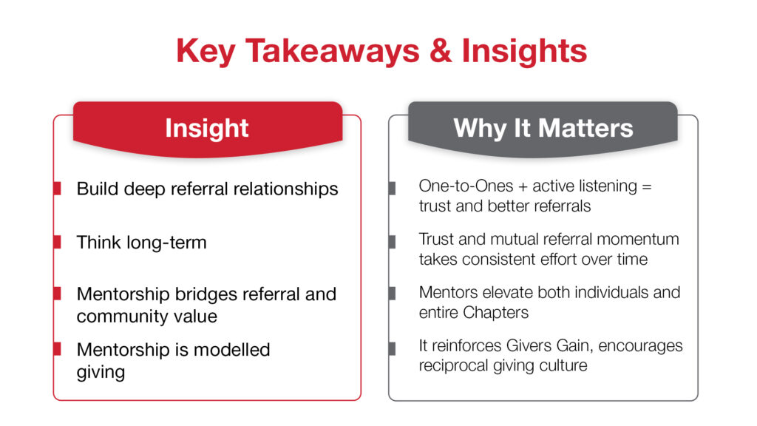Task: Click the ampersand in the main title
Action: (441, 51)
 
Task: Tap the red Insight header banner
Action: (208, 129)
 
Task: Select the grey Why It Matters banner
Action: (543, 129)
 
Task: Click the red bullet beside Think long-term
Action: (57, 242)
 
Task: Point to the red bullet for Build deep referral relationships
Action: (57, 189)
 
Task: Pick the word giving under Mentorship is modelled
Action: (101, 373)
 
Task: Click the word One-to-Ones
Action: (466, 186)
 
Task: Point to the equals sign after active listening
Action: (647, 186)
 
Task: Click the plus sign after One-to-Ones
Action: (523, 186)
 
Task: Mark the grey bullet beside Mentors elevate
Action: (392, 293)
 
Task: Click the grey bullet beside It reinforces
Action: (392, 348)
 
